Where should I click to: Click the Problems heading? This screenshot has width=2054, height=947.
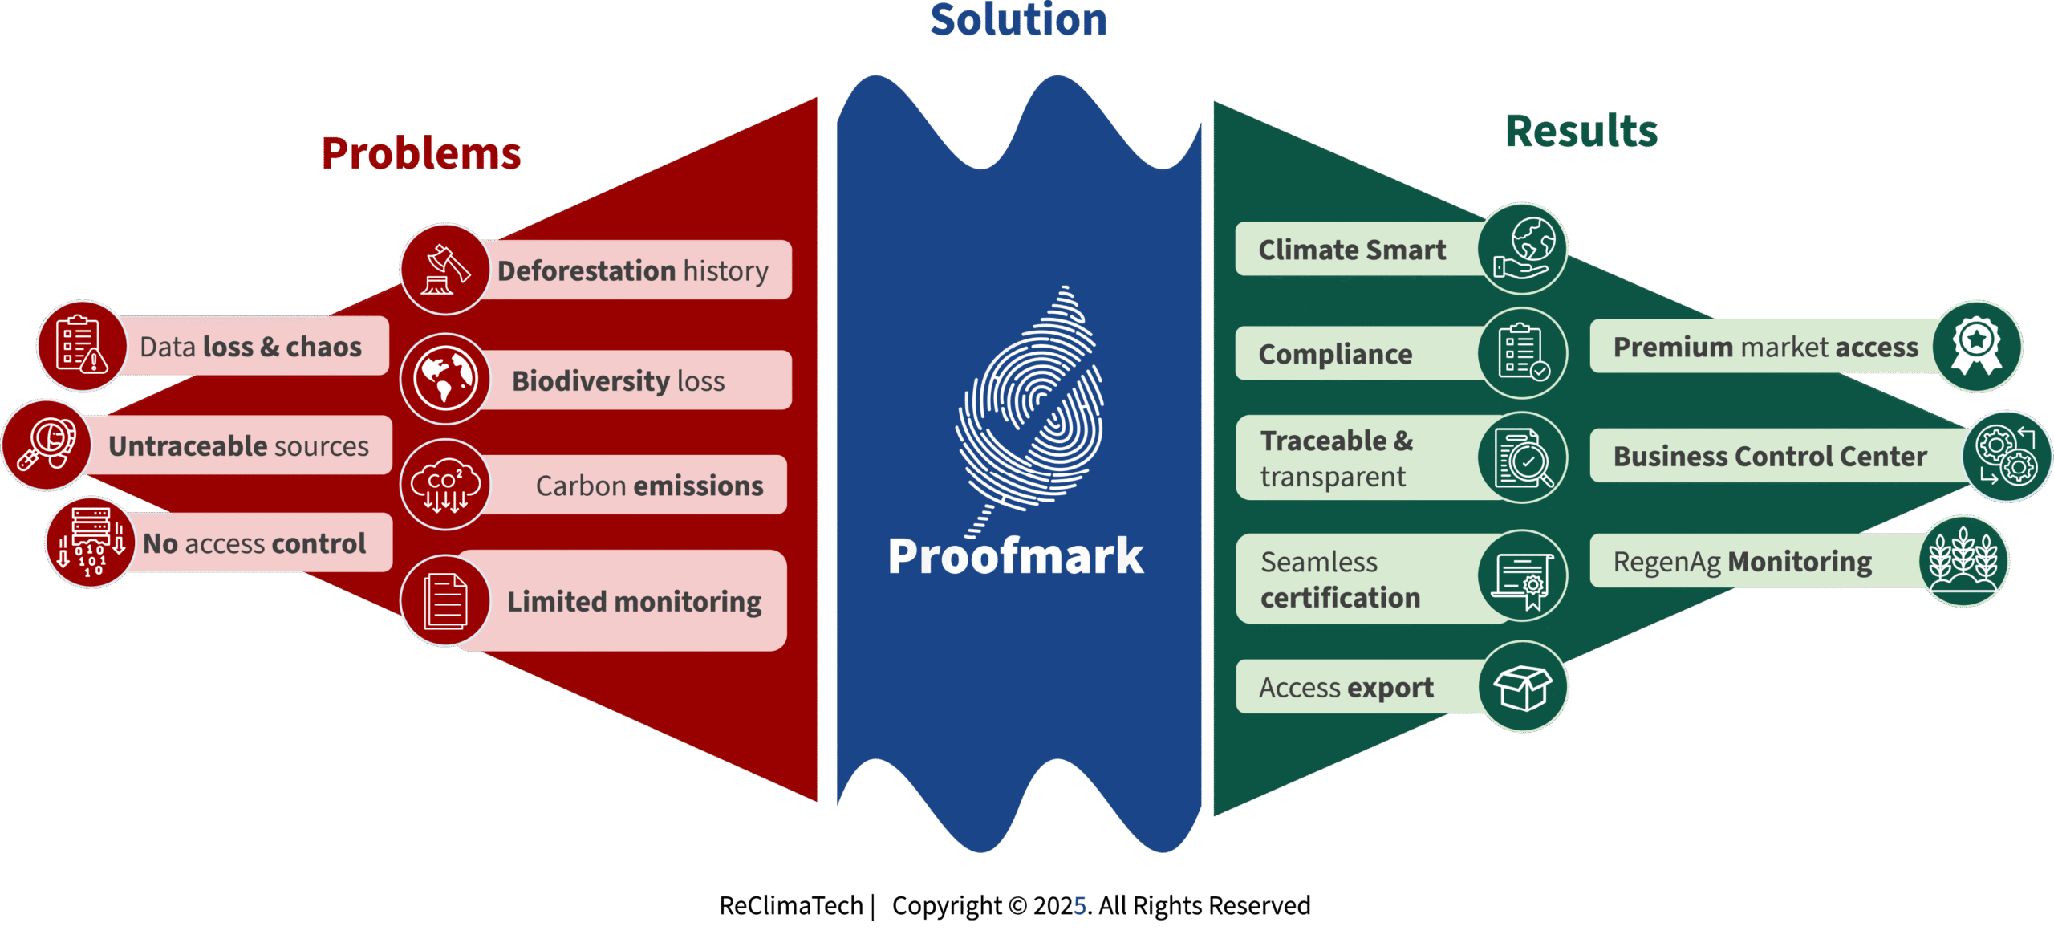coord(421,153)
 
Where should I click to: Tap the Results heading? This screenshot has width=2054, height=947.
coord(1581,131)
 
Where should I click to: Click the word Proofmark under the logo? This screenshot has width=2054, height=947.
coord(1016,557)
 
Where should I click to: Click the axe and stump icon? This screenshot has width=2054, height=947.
coord(445,270)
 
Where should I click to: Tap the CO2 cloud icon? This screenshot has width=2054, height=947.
coord(445,485)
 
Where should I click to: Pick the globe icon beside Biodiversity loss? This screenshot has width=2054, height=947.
coord(445,379)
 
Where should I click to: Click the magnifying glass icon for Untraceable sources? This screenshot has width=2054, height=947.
coord(47,445)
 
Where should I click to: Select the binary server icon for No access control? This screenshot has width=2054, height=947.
coord(91,543)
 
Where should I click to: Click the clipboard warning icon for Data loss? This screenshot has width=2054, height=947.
coord(82,346)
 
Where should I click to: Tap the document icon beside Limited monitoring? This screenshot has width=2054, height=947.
coord(445,600)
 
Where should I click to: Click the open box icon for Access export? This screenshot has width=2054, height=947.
coord(1522,687)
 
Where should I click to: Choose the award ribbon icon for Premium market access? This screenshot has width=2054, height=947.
coord(1977,346)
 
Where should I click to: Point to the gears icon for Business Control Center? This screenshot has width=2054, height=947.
coord(2007,456)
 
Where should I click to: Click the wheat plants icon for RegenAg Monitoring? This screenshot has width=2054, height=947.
coord(1963,561)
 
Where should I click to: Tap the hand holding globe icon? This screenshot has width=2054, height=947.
coord(1522,249)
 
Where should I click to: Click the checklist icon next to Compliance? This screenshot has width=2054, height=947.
coord(1522,353)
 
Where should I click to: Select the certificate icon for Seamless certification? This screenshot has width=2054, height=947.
coord(1522,576)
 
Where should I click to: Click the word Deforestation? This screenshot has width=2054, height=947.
coord(587,270)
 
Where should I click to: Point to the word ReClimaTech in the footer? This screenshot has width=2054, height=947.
coord(790,905)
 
